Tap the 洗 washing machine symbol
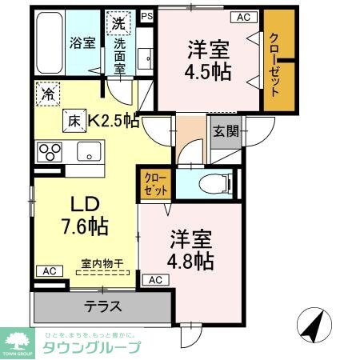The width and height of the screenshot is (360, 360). click(x=118, y=23)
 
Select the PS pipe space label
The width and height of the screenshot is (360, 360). click(x=146, y=15)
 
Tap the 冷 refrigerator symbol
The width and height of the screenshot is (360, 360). click(x=47, y=94)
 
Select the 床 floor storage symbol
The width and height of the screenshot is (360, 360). click(x=73, y=121)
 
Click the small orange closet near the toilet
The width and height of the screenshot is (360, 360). click(x=154, y=186)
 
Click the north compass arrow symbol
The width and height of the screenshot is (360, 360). click(x=312, y=325)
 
